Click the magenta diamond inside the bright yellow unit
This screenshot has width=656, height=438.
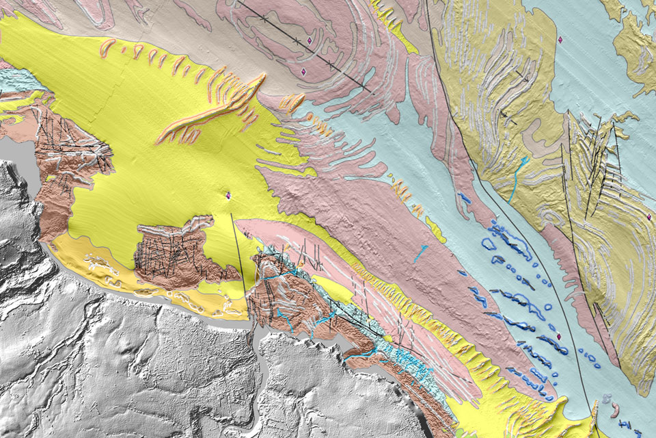click(228, 196)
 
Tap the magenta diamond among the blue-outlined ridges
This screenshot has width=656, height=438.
click(559, 336)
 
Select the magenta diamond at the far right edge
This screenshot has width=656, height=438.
click(648, 217)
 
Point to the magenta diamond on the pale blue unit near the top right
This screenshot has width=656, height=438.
click(560, 40)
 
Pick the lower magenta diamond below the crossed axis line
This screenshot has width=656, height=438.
click(302, 71)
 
